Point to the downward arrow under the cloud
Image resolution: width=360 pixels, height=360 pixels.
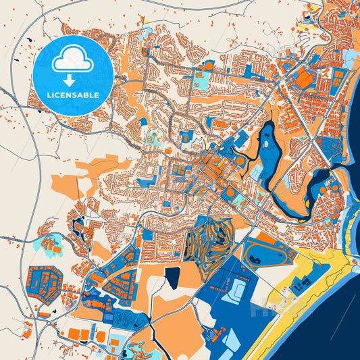click(69, 78)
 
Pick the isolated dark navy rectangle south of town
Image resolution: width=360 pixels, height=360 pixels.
click(173, 276)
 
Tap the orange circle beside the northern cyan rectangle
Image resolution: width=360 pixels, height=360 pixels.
click(209, 65)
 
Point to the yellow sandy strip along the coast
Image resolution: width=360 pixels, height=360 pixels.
click(297, 297)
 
